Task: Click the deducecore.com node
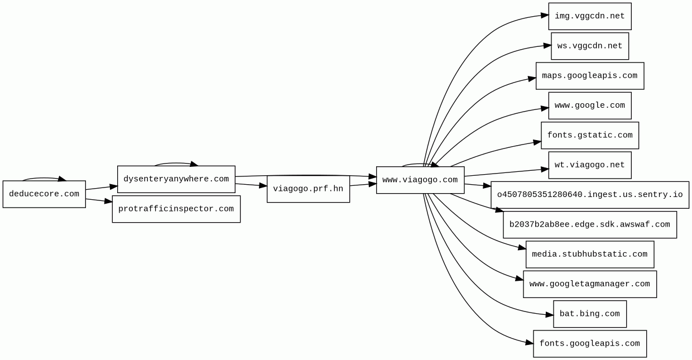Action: point(44,194)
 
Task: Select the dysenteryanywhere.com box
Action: point(176,179)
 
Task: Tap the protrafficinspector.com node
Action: point(176,209)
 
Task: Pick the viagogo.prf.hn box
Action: point(308,189)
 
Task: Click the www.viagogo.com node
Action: point(420,180)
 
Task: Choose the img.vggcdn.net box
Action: point(589,16)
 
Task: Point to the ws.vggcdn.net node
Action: point(589,46)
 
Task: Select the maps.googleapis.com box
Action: point(589,76)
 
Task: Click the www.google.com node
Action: point(589,105)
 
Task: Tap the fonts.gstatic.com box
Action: point(589,136)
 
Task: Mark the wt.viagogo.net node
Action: point(589,165)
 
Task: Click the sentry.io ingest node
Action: point(589,195)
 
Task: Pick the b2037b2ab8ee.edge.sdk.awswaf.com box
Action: point(589,225)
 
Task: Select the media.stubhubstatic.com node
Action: point(589,255)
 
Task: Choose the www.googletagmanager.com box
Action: point(589,284)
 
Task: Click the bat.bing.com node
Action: point(589,314)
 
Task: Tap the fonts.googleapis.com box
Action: point(589,344)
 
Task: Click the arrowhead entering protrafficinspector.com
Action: point(108,201)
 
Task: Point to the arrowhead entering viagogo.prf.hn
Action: point(263,186)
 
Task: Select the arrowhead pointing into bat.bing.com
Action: point(549,315)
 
